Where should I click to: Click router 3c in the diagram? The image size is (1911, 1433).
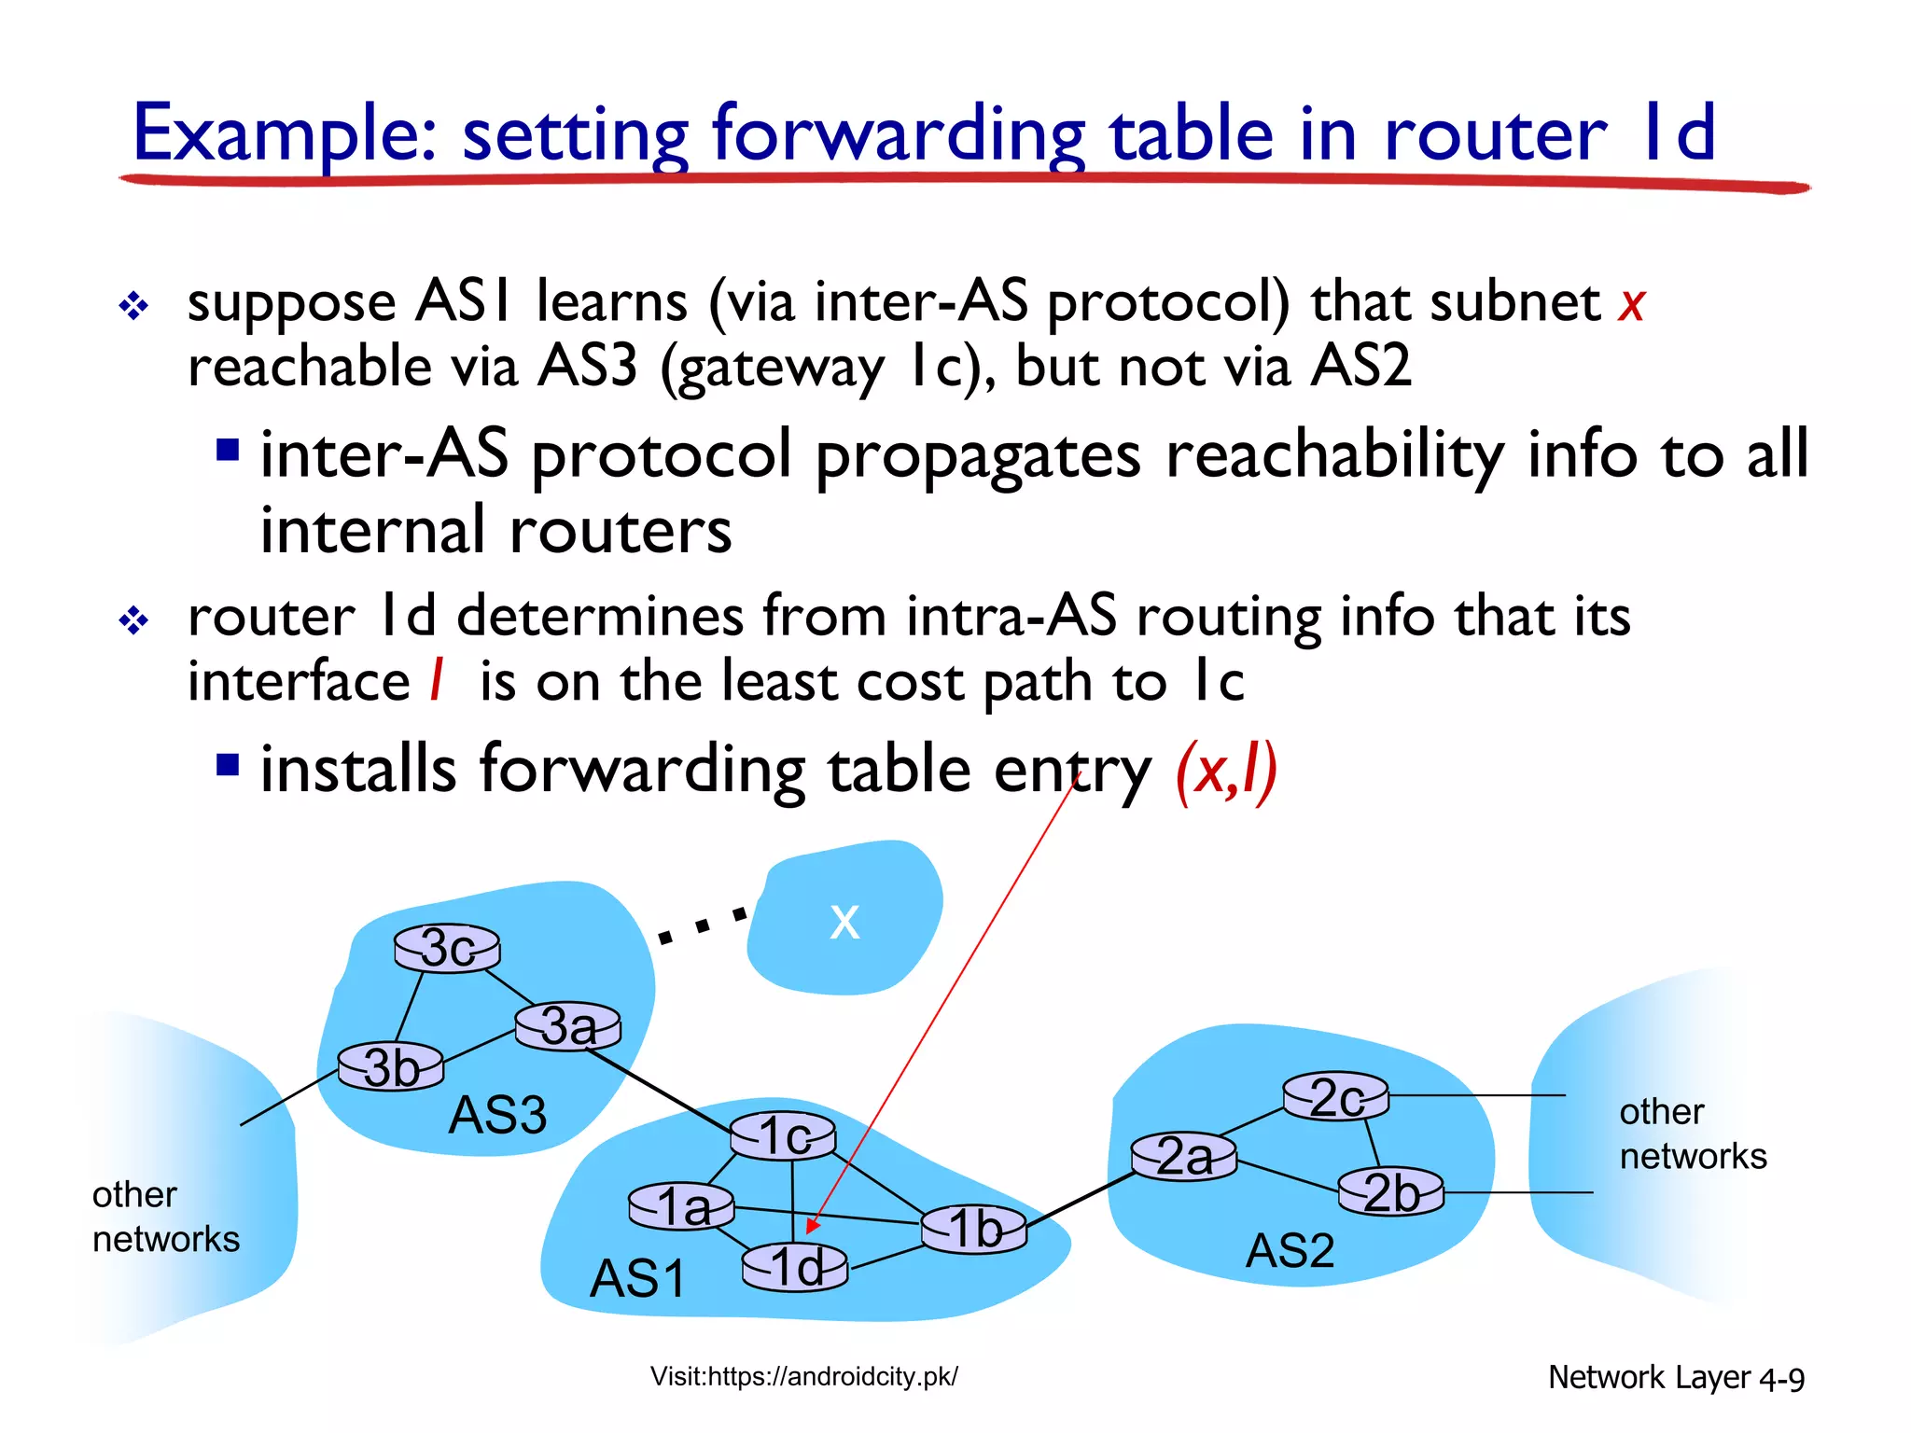point(447,949)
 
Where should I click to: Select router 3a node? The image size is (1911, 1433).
point(568,1026)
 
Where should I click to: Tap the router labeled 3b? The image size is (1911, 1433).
point(391,1066)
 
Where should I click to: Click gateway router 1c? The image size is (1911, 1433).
point(783,1135)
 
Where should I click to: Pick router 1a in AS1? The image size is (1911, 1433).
point(682,1206)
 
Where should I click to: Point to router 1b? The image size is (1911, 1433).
point(974,1228)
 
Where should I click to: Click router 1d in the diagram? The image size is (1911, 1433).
point(795,1267)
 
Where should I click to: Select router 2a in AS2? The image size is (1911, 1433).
point(1184,1157)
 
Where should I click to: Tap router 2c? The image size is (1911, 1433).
point(1336,1096)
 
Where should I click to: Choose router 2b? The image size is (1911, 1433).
point(1391,1192)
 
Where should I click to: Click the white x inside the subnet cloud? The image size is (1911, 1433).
point(844,922)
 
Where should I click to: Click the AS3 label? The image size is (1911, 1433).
point(497,1115)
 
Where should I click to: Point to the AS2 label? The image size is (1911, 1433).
point(1290,1250)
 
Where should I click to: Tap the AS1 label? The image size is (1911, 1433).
point(638,1278)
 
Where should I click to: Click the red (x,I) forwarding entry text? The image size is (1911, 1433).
point(1226,771)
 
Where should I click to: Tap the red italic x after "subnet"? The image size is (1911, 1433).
point(1632,304)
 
